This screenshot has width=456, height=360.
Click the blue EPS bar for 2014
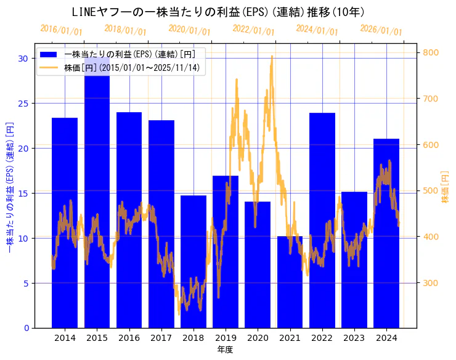[x=65, y=222]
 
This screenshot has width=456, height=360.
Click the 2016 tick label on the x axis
[x=129, y=338]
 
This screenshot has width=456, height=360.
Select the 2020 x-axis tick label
[x=258, y=338]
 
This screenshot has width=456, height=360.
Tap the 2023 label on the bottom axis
[x=354, y=338]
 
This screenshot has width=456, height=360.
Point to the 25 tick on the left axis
[x=23, y=103]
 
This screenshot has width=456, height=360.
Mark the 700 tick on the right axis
[x=430, y=99]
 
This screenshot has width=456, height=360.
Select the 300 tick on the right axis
[x=430, y=283]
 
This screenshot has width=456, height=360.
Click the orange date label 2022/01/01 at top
[x=253, y=30]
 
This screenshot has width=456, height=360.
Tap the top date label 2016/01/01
[x=61, y=30]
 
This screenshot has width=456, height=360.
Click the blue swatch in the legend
[x=49, y=55]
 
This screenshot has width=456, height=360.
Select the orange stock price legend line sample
[x=49, y=67]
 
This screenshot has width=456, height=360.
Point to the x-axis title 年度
[x=225, y=350]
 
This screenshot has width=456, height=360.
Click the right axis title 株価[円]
[x=446, y=188]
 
